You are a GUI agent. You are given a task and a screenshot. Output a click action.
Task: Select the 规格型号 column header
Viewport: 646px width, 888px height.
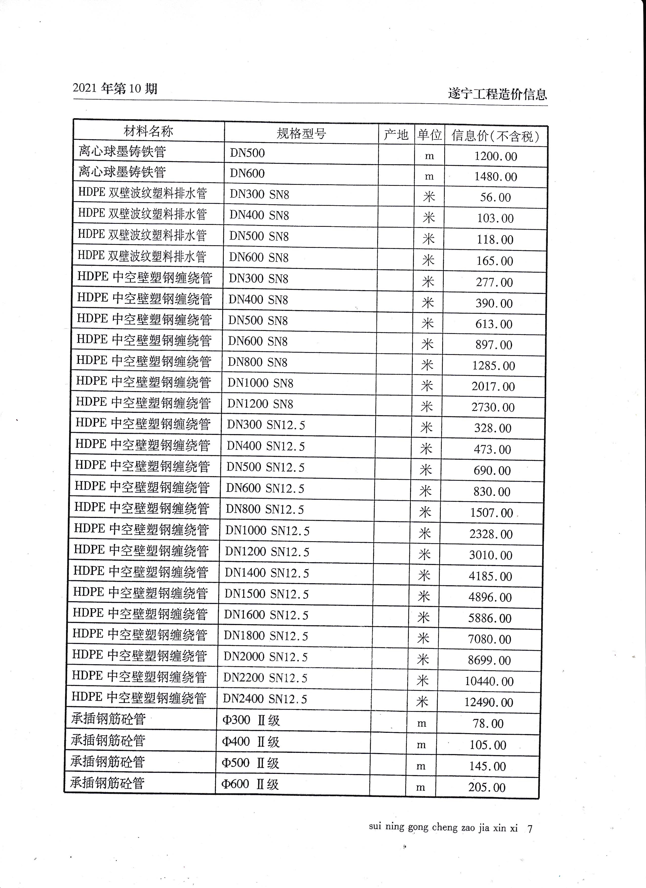point(301,133)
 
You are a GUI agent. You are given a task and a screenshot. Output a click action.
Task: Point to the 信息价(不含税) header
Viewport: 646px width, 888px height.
point(495,136)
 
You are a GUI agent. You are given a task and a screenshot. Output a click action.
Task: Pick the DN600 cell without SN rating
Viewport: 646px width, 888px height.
point(247,173)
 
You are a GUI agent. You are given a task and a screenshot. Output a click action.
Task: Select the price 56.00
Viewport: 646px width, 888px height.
point(495,197)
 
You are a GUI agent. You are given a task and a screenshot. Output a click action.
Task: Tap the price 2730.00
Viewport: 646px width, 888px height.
point(493,408)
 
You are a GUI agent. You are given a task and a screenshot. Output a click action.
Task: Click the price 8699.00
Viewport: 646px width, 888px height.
point(489,660)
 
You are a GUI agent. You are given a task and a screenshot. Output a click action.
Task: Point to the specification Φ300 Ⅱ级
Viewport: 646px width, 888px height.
point(251,720)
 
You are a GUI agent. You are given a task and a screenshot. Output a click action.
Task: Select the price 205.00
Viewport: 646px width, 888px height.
point(487,787)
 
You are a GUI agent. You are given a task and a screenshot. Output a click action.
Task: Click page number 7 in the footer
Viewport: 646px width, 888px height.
point(530,829)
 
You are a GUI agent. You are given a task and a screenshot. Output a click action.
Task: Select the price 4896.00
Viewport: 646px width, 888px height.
point(490,597)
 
